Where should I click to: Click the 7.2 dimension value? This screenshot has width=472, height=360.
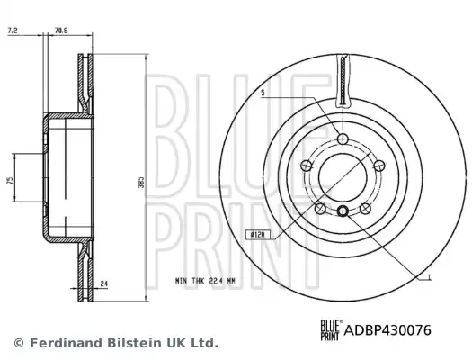click(x=13, y=31)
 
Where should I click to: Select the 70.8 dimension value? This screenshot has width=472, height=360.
click(x=61, y=31)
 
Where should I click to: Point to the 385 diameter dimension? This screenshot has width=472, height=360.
click(x=141, y=183)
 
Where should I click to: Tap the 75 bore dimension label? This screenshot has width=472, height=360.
click(x=10, y=181)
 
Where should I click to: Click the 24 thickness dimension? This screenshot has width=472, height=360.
click(x=104, y=283)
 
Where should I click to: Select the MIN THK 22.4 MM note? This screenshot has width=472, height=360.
click(x=205, y=281)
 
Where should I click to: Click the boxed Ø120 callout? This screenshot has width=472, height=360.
click(x=257, y=234)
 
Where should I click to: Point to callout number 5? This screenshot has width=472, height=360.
click(x=263, y=93)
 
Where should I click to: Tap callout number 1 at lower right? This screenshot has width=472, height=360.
click(x=430, y=277)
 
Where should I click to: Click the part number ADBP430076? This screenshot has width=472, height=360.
click(x=387, y=330)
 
